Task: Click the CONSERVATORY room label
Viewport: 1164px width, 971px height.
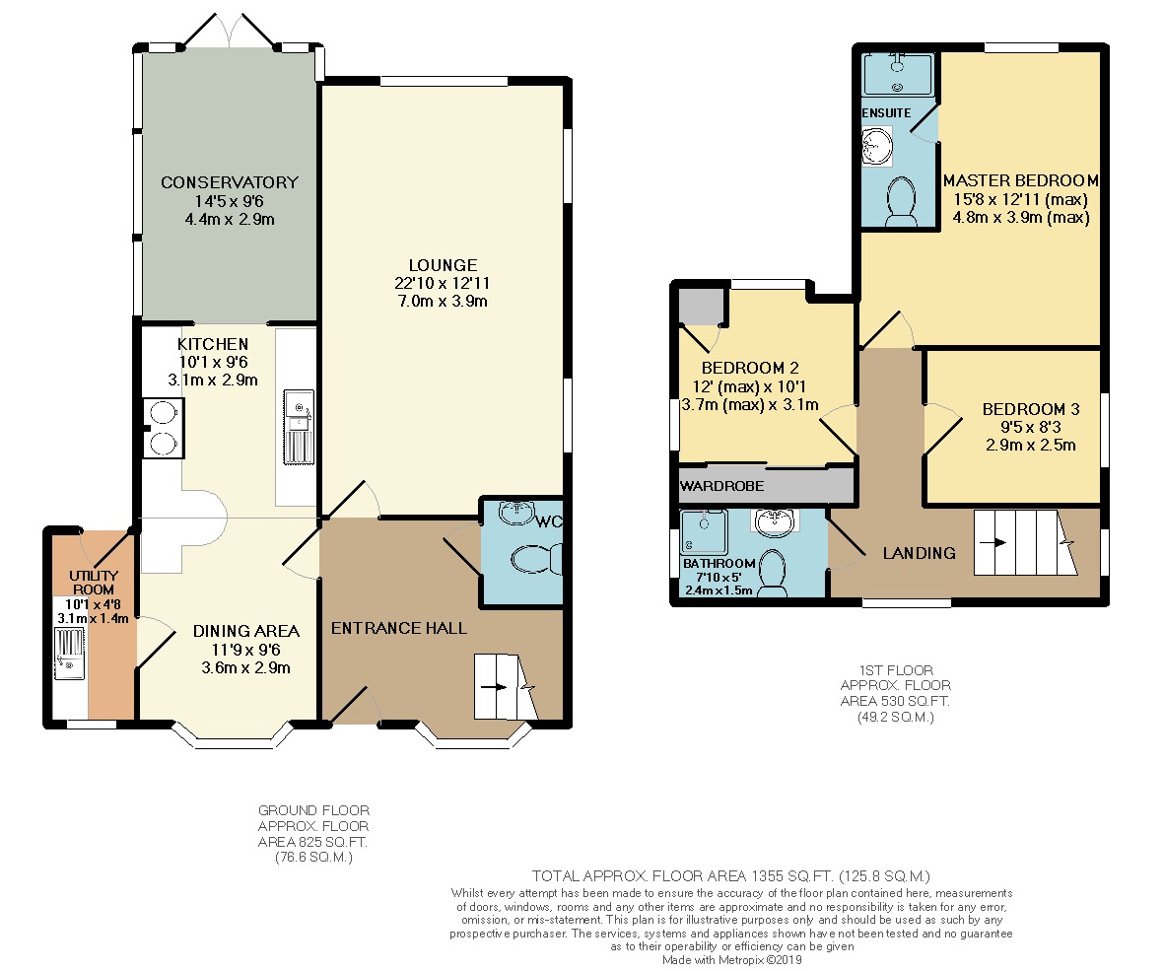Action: pos(229,182)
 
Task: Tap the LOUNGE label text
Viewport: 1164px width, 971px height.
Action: pos(443,265)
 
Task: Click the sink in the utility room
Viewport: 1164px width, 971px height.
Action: pos(69,655)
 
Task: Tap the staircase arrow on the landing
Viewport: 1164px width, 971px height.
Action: pos(998,542)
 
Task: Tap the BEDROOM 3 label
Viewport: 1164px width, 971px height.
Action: pos(1023,409)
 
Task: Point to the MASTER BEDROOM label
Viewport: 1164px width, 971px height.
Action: pos(1020,181)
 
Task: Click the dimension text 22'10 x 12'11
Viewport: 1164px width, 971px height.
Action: pos(443,283)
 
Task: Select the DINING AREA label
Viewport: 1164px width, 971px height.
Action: pos(245,631)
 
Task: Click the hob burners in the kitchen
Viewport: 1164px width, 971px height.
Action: pos(164,428)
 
